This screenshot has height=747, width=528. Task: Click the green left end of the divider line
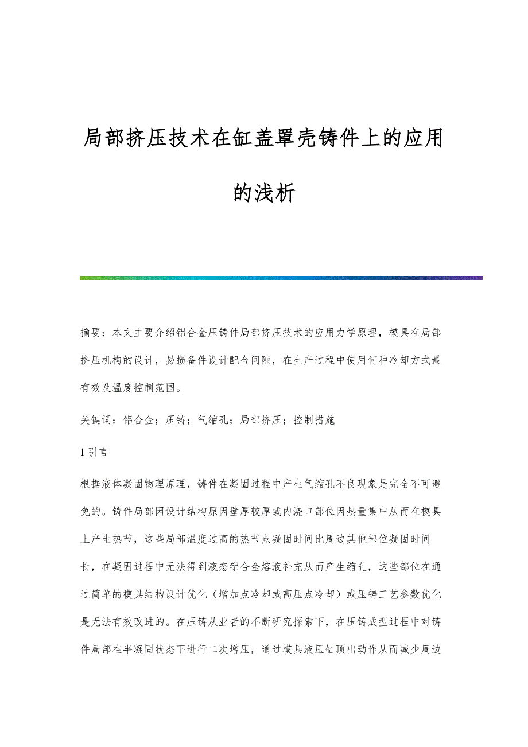coord(86,278)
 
